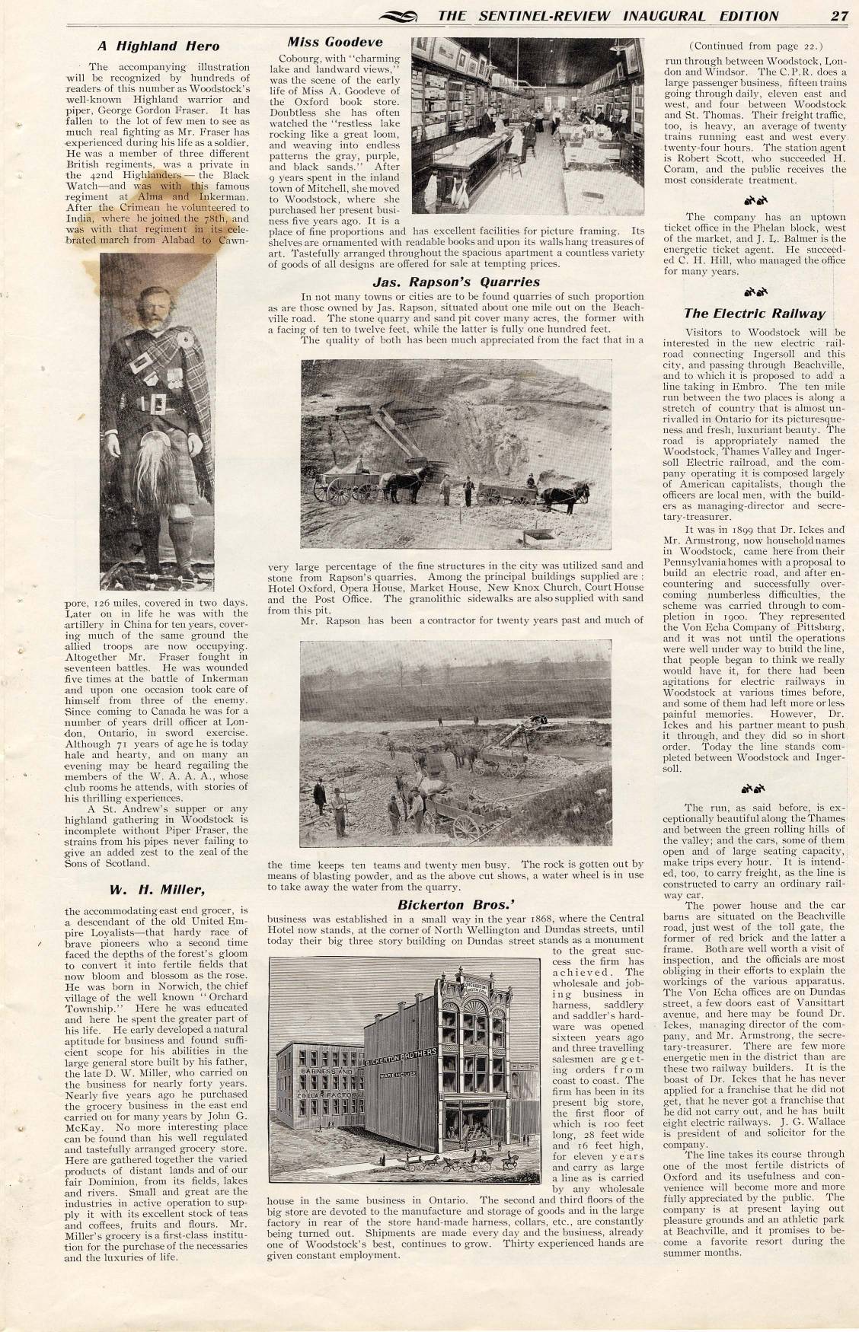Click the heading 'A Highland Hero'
pyautogui.click(x=158, y=46)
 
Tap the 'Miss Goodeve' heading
pyautogui.click(x=335, y=42)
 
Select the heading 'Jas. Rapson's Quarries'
pyautogui.click(x=456, y=282)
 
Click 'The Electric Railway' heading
pyautogui.click(x=754, y=313)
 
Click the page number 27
pyautogui.click(x=839, y=16)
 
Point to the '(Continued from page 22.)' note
pyautogui.click(x=754, y=46)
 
